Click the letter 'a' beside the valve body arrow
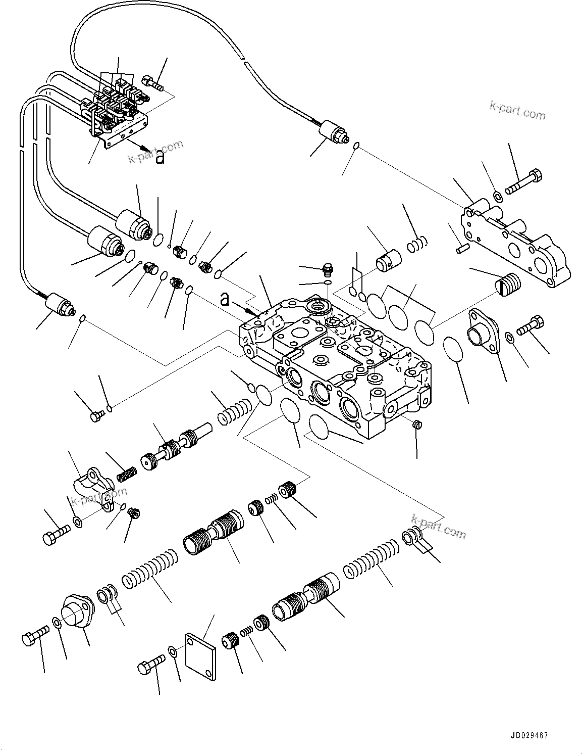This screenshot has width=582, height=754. click(x=225, y=300)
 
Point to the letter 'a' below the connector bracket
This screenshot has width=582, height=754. click(x=160, y=158)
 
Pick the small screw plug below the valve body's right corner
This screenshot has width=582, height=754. click(x=416, y=425)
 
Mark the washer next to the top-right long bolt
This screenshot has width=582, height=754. click(x=497, y=196)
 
